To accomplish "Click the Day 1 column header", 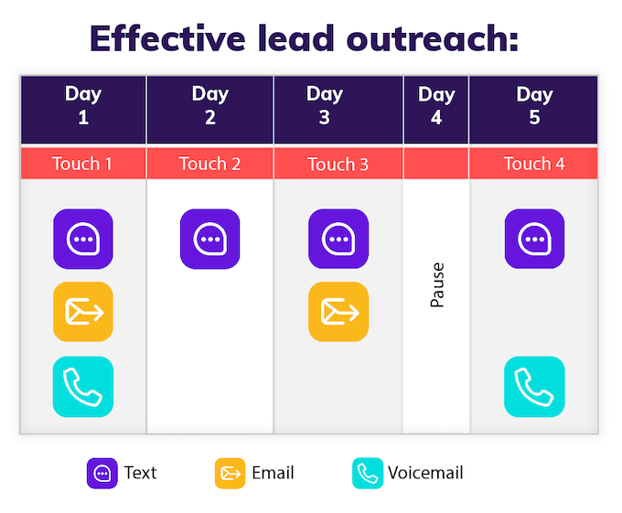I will click(83, 106).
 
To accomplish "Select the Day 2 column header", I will click(210, 106).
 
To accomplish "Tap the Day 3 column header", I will click(325, 106).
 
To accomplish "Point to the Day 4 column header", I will click(436, 106).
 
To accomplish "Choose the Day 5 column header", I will click(534, 106).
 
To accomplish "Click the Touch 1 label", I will click(82, 164).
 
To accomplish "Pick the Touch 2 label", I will click(209, 164).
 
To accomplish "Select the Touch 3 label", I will click(338, 165).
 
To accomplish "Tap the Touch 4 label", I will click(534, 164).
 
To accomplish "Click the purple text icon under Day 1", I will click(83, 240).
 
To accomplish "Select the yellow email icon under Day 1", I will click(83, 312).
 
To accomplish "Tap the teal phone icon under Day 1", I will click(83, 387).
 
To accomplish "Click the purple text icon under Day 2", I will click(209, 240).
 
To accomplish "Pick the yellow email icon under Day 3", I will click(338, 312).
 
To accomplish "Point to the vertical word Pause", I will click(437, 285).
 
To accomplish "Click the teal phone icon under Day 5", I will click(534, 387).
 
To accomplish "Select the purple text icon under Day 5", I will click(534, 240).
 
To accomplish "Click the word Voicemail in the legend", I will click(425, 473).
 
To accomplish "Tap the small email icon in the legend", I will click(230, 474).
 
